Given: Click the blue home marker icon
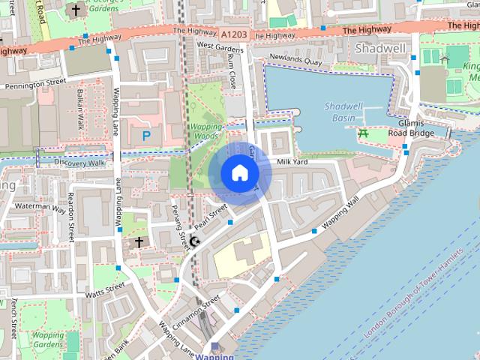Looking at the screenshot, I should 238,172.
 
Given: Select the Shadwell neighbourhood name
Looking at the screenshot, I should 381,49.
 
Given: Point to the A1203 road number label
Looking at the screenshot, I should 235,34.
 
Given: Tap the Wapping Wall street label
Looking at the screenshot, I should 341,213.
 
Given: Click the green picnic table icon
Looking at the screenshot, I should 364,133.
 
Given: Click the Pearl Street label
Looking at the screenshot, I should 211,217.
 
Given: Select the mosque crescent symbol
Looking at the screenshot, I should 195,241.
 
